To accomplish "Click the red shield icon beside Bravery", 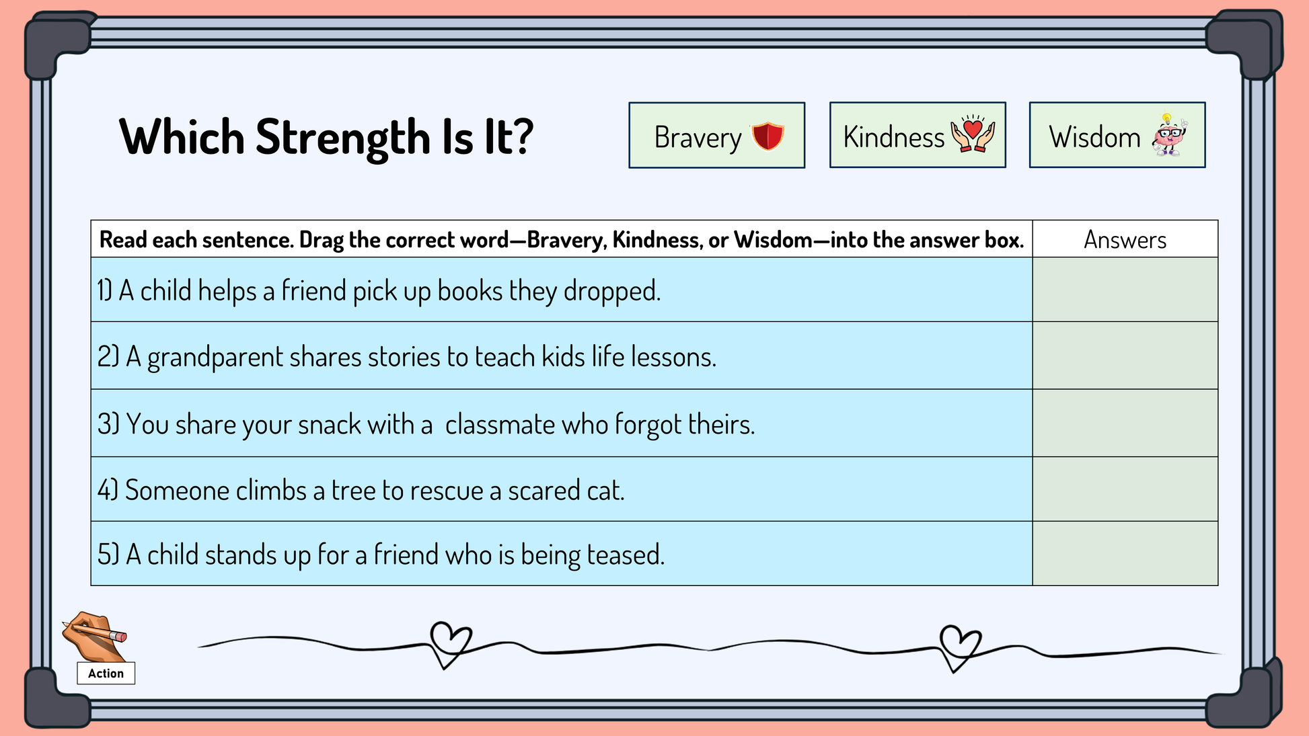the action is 768,136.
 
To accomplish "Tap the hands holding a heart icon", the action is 973,134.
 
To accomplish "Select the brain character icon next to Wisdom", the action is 1170,134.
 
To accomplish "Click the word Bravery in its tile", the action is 698,138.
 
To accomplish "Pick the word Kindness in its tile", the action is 894,137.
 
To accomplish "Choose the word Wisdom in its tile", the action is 1094,137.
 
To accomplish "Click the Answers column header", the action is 1125,240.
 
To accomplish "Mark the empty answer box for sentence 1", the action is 1125,290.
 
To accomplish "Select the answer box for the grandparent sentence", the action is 1125,356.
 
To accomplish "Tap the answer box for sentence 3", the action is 1125,423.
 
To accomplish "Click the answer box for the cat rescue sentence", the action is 1125,489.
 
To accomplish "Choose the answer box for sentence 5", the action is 1125,554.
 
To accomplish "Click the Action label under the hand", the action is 106,673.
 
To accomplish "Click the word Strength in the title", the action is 343,138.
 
